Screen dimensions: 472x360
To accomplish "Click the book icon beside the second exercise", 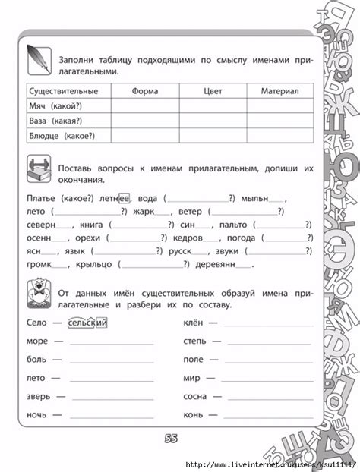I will coord(37,169).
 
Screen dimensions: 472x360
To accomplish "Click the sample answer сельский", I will coord(87,323).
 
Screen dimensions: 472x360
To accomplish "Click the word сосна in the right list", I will coord(197,396).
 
